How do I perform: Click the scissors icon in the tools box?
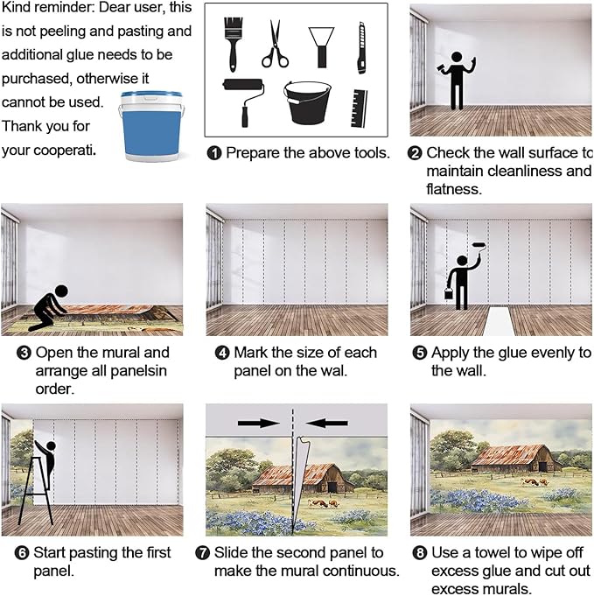click(275, 46)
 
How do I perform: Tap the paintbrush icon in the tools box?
click(233, 44)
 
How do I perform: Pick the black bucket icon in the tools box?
click(307, 102)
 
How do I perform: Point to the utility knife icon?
click(361, 48)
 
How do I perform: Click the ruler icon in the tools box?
click(360, 109)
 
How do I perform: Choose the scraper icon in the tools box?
click(322, 47)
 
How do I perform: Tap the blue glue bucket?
click(151, 126)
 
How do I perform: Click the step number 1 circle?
click(214, 153)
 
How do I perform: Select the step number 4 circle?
click(222, 353)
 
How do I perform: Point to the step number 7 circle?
click(202, 552)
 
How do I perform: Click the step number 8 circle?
click(420, 552)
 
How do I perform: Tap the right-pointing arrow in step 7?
click(259, 423)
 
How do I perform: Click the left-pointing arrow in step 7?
click(327, 423)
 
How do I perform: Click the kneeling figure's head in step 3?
click(61, 291)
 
